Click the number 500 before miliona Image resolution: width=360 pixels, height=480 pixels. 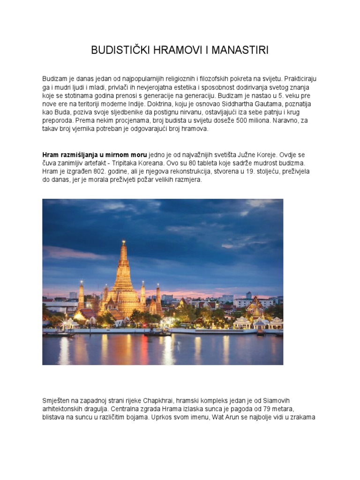tap(242, 120)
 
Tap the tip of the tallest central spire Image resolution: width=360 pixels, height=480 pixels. tap(124, 242)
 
